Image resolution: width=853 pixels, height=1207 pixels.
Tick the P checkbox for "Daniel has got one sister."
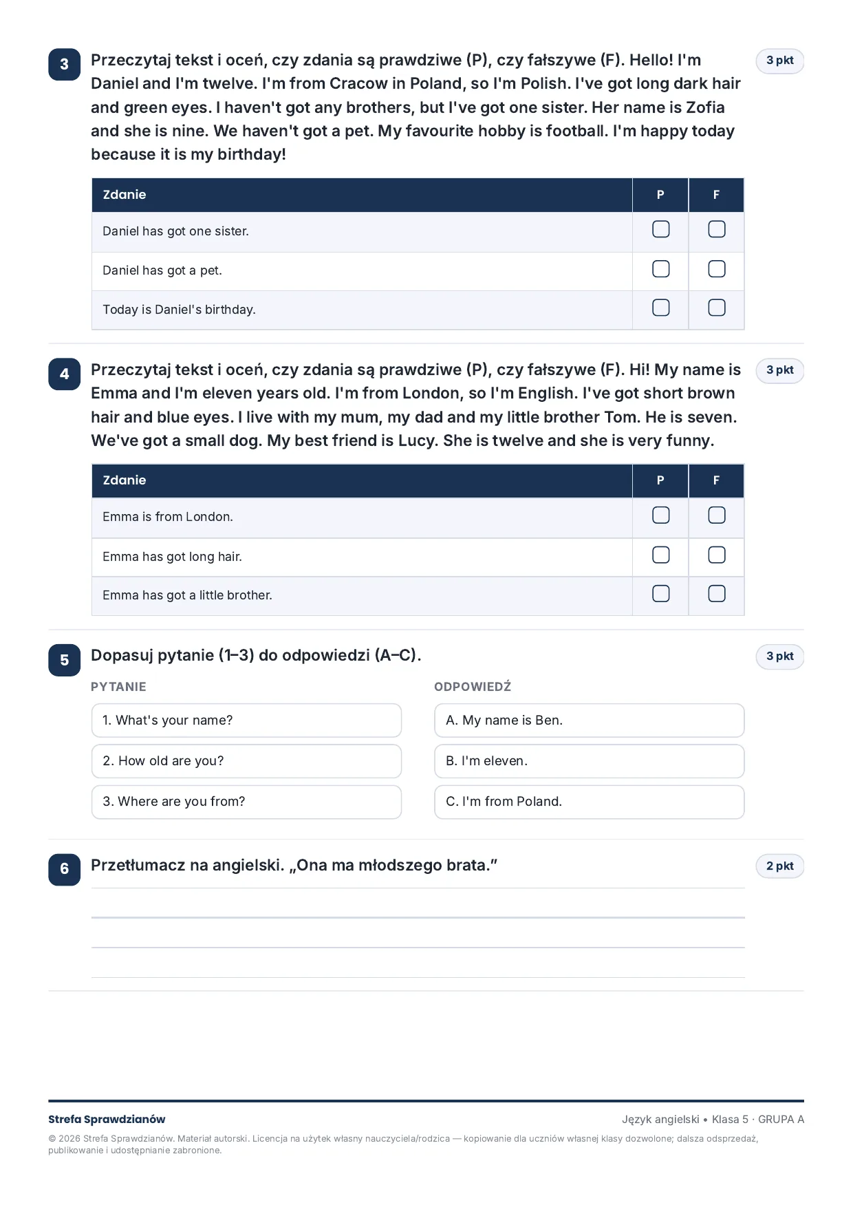coord(660,229)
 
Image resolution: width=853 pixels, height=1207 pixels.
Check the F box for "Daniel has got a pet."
coord(716,269)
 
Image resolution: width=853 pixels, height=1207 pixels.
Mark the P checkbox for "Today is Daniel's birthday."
coord(660,308)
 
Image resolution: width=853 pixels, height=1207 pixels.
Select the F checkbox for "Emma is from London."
coord(716,515)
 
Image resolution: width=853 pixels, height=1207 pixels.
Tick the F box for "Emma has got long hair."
coord(716,555)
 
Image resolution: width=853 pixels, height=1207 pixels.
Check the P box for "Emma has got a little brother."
coord(660,594)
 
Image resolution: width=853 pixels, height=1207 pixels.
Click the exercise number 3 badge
coord(65,65)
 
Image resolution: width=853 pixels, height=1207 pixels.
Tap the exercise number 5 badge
coord(65,661)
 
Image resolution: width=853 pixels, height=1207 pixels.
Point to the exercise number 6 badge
coord(65,869)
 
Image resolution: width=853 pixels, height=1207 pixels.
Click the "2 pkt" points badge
coord(780,866)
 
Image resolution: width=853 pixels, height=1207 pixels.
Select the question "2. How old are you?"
coord(246,761)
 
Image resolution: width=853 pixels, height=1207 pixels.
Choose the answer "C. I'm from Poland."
coord(590,802)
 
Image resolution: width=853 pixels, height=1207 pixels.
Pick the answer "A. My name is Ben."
coord(590,720)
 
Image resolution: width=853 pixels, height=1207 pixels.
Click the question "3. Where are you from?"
coord(246,802)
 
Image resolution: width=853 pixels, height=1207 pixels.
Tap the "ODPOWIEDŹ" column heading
coord(473,686)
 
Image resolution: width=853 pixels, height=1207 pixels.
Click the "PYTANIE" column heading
coord(118,687)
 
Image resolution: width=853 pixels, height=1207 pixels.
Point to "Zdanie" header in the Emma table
coord(125,480)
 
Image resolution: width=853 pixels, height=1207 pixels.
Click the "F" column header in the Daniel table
coord(716,195)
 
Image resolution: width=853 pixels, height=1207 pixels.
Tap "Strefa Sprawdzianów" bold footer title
coord(107,1120)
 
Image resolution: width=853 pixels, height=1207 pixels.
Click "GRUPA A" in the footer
coord(781,1120)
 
